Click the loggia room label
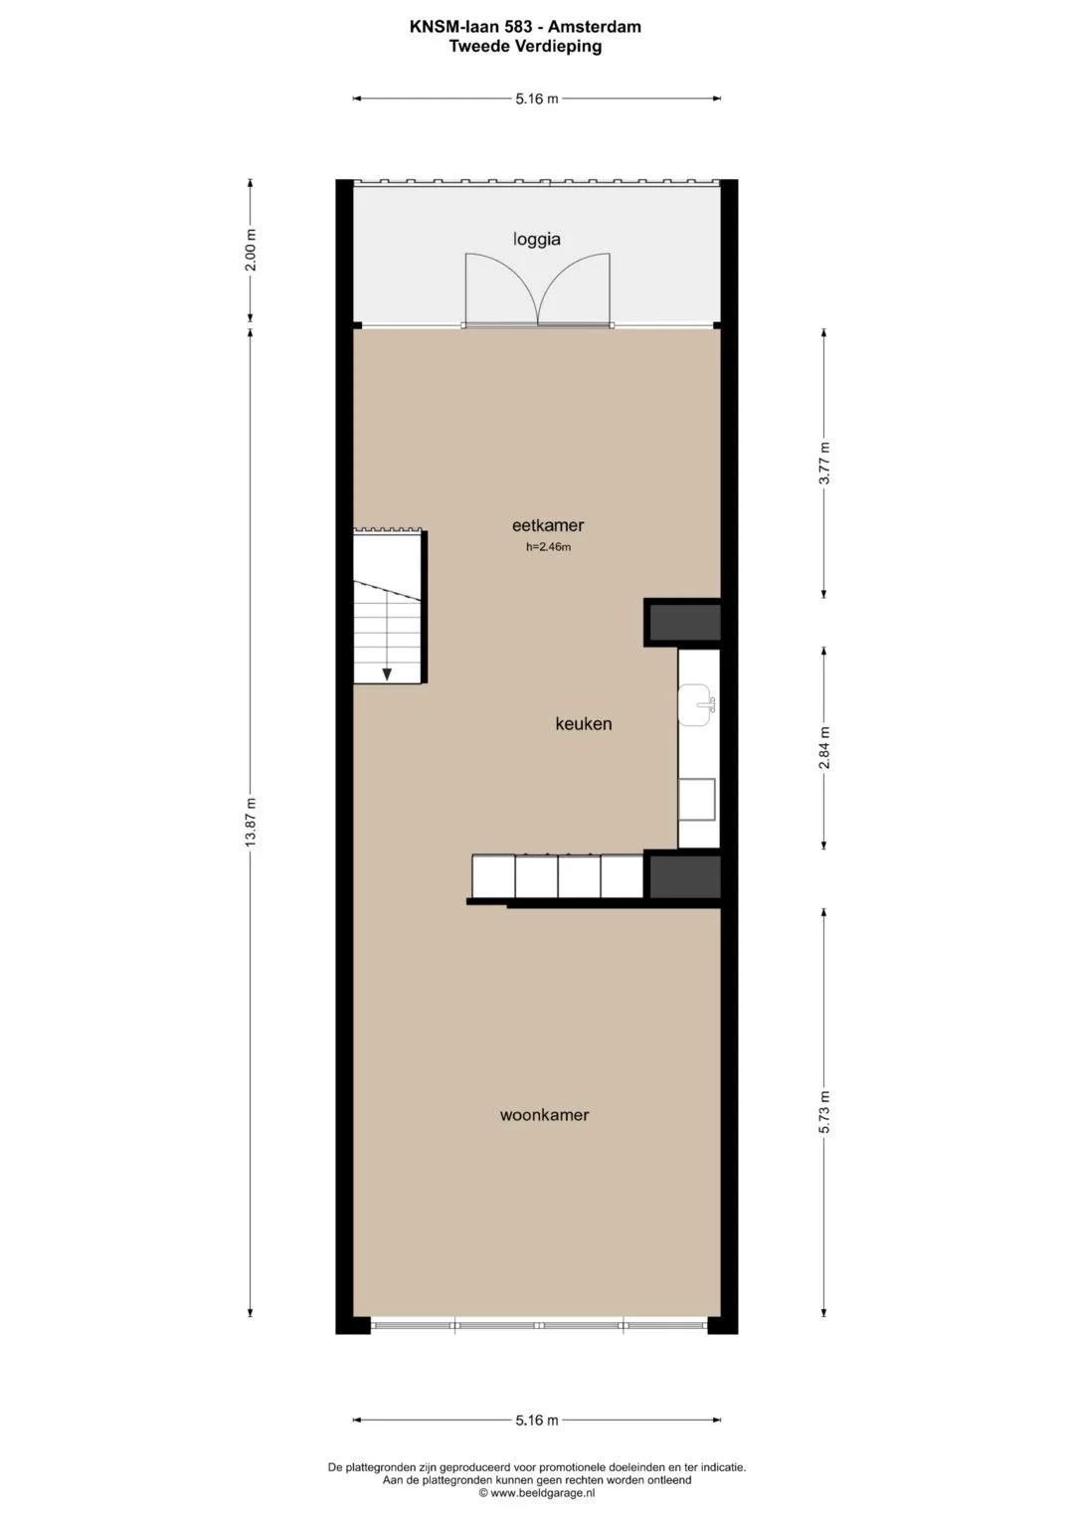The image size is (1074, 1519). coord(536,240)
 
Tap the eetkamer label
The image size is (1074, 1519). coord(548,525)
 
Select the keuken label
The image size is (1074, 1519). coord(583,723)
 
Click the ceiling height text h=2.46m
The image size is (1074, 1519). coord(549,547)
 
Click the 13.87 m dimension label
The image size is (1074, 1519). coord(251,822)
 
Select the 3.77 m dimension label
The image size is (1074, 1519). coord(824,464)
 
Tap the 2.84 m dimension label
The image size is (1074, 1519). coord(824,748)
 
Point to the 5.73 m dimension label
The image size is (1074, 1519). coord(824,1112)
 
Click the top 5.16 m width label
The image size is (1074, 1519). coord(537,99)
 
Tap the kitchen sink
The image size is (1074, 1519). coord(697,705)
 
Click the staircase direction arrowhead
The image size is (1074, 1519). coord(387,674)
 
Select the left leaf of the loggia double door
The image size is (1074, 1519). coord(500,288)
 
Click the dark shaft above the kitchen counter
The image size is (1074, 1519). coord(685,622)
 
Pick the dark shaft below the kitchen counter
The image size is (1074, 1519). coord(685,875)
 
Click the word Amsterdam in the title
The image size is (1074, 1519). coord(595,27)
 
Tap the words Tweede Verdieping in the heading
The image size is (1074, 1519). coord(525,46)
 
